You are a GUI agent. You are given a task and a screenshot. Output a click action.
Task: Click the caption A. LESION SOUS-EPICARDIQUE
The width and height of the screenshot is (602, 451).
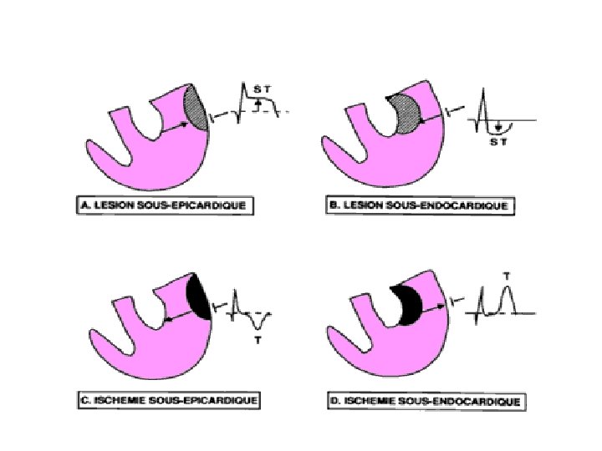coord(161,203)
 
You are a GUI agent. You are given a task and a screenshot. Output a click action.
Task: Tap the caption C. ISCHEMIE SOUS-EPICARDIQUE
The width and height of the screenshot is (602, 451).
coord(168,400)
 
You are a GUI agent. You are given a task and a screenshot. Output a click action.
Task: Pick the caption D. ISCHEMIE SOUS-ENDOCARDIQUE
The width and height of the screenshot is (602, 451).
coord(426,402)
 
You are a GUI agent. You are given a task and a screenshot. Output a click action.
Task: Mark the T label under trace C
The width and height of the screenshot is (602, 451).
coord(258,341)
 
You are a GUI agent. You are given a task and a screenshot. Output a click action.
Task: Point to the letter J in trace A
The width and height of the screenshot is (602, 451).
coord(259,109)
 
